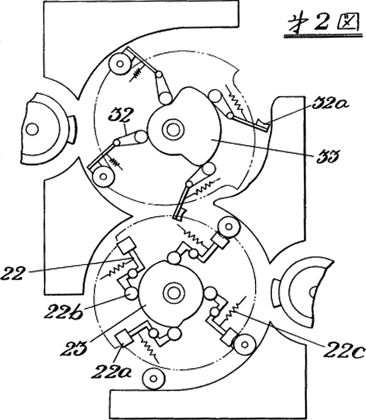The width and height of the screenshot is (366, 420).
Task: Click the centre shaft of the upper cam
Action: [x=171, y=130]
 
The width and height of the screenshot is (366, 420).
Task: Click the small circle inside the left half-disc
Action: [x=31, y=129]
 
